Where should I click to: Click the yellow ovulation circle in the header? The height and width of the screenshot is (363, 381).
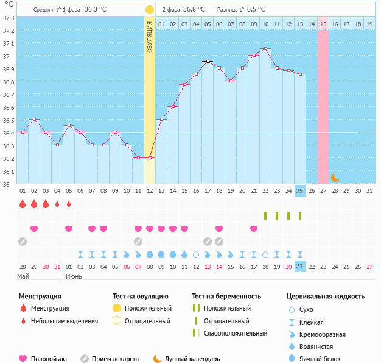pyautogui.click(x=149, y=10)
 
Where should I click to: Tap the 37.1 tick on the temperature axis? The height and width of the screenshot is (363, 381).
pyautogui.click(x=9, y=44)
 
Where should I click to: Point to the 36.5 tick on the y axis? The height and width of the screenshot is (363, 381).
pyautogui.click(x=9, y=120)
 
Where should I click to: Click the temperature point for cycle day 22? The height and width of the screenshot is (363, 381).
pyautogui.click(x=265, y=48)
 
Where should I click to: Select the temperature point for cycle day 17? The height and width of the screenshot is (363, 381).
pyautogui.click(x=207, y=61)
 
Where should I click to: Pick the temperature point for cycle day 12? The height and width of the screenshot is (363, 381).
pyautogui.click(x=150, y=157)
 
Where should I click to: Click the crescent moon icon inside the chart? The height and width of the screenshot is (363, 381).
pyautogui.click(x=335, y=178)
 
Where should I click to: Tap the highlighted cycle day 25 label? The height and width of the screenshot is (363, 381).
pyautogui.click(x=299, y=190)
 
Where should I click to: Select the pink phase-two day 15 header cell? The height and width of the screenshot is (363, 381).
pyautogui.click(x=323, y=24)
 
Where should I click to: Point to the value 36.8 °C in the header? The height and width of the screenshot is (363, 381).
pyautogui.click(x=194, y=10)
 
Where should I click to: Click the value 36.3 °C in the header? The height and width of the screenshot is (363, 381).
pyautogui.click(x=96, y=10)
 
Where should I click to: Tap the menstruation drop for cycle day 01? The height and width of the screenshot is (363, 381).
pyautogui.click(x=23, y=204)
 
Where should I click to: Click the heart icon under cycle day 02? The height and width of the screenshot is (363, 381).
pyautogui.click(x=34, y=229)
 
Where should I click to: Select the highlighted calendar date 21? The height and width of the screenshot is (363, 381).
pyautogui.click(x=299, y=266)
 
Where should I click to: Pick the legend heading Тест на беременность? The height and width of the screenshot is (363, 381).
pyautogui.click(x=226, y=296)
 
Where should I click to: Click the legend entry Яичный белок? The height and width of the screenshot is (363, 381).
pyautogui.click(x=324, y=359)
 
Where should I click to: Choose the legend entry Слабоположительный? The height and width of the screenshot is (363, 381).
pyautogui.click(x=235, y=333)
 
